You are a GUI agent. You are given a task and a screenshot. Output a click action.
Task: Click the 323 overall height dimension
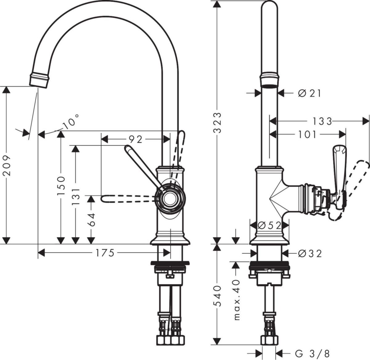[218, 122]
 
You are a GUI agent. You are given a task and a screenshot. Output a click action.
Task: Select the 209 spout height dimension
[7, 165]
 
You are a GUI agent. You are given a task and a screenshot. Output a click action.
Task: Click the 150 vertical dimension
[61, 185]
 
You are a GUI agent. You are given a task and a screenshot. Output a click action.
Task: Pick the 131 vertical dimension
[76, 197]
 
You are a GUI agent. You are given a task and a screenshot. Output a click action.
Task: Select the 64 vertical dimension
[91, 219]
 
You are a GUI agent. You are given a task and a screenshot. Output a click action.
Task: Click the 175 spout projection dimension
[105, 253]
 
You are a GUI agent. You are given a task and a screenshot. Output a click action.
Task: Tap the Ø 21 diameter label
[309, 93]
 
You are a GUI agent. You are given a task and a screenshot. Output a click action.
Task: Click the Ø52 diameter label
[269, 226]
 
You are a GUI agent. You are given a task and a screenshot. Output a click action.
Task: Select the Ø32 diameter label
[310, 254]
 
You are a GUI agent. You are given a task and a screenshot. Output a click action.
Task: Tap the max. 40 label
[236, 300]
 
